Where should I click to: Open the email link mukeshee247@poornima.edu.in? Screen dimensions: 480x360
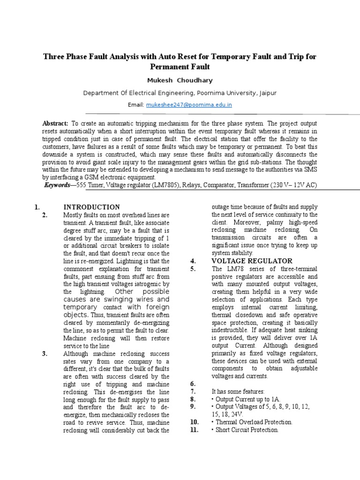tap(189, 105)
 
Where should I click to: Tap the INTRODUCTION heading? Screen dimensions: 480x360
tap(91, 207)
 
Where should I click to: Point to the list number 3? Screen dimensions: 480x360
tap(45, 353)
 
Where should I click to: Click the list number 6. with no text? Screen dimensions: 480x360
tap(193, 383)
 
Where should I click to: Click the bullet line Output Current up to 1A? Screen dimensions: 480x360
tap(241, 399)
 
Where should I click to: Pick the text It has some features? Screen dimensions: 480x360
tap(238, 391)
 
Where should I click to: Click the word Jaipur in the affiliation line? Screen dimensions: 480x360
tap(267, 93)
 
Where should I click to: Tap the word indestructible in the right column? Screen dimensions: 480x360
tap(232, 330)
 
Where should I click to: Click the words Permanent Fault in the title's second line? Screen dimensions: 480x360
tap(180, 66)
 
